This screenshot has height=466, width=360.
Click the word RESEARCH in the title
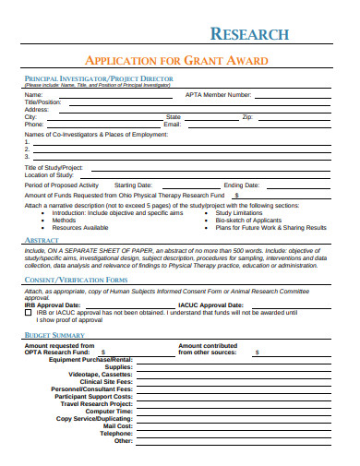pos(250,34)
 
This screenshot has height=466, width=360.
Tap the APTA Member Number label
pos(218,94)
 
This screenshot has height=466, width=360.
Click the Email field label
pos(172,125)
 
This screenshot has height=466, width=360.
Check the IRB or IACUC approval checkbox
pos(28,312)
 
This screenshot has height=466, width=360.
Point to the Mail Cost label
pos(116,425)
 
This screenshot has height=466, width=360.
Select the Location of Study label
pos(48,173)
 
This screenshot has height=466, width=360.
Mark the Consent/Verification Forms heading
pos(76,279)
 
